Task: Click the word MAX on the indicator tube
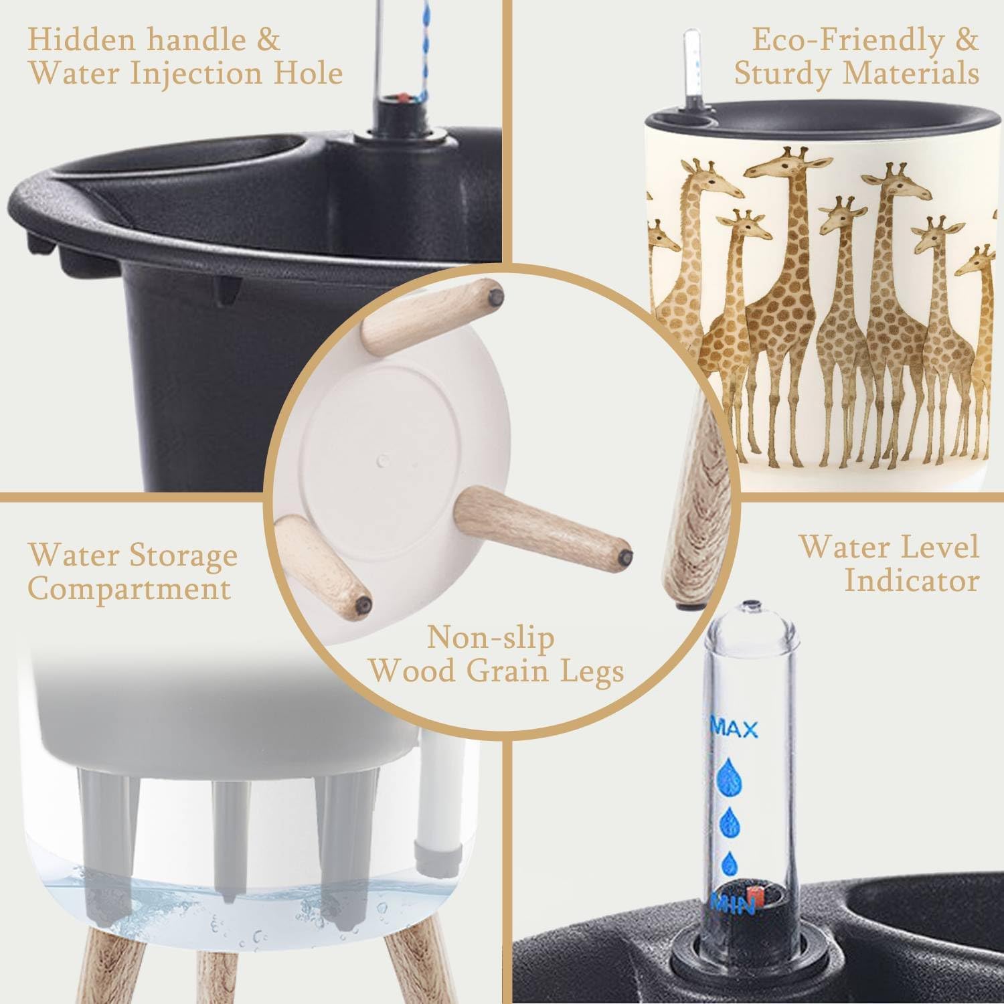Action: point(734,727)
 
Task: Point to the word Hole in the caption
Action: point(309,73)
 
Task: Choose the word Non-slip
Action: point(491,637)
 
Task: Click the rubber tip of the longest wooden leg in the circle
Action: point(626,555)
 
